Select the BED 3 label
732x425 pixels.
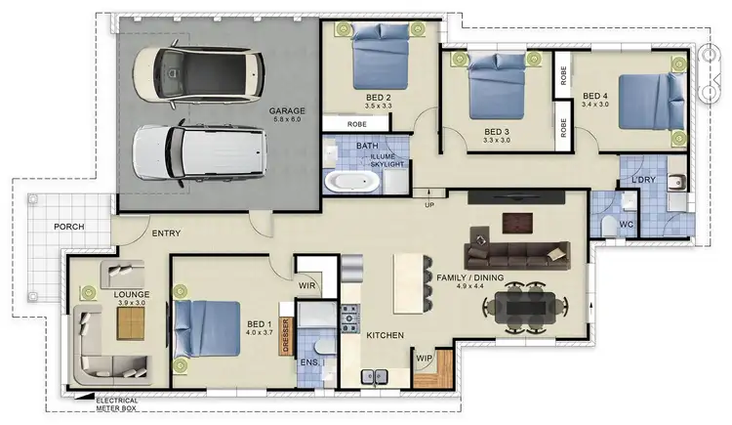(x=498, y=131)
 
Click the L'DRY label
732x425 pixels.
(x=642, y=180)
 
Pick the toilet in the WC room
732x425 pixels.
(x=610, y=226)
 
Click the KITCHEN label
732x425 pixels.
(x=385, y=335)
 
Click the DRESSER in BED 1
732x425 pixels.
(x=286, y=336)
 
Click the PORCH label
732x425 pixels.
(x=68, y=227)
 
